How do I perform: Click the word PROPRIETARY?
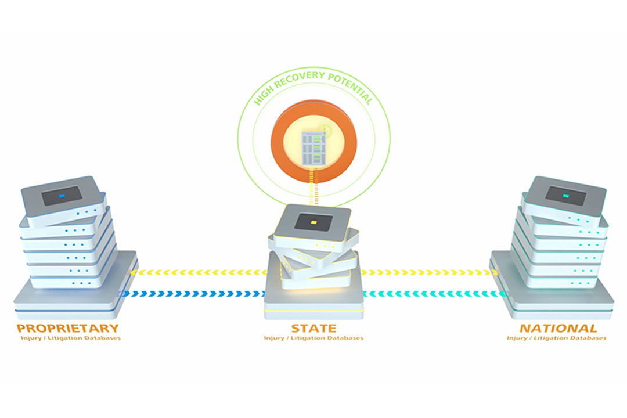coord(68,329)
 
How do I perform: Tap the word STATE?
coord(313,329)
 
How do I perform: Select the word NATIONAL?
coord(557,329)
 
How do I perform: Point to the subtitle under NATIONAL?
coord(556,338)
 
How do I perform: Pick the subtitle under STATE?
coord(313,338)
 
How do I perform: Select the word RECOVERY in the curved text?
coord(302,79)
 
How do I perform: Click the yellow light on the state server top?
coord(313,222)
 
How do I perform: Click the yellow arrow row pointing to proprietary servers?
coord(197,272)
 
